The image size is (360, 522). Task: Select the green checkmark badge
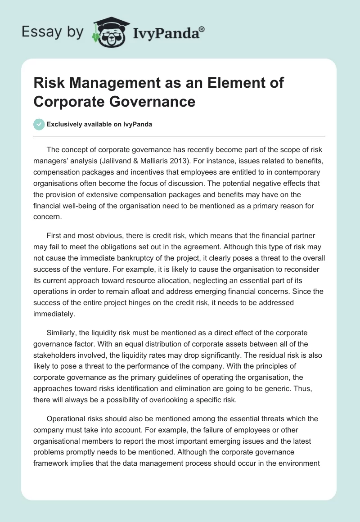(39, 124)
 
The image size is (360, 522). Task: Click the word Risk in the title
(49, 84)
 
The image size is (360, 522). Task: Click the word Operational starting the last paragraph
(66, 418)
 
